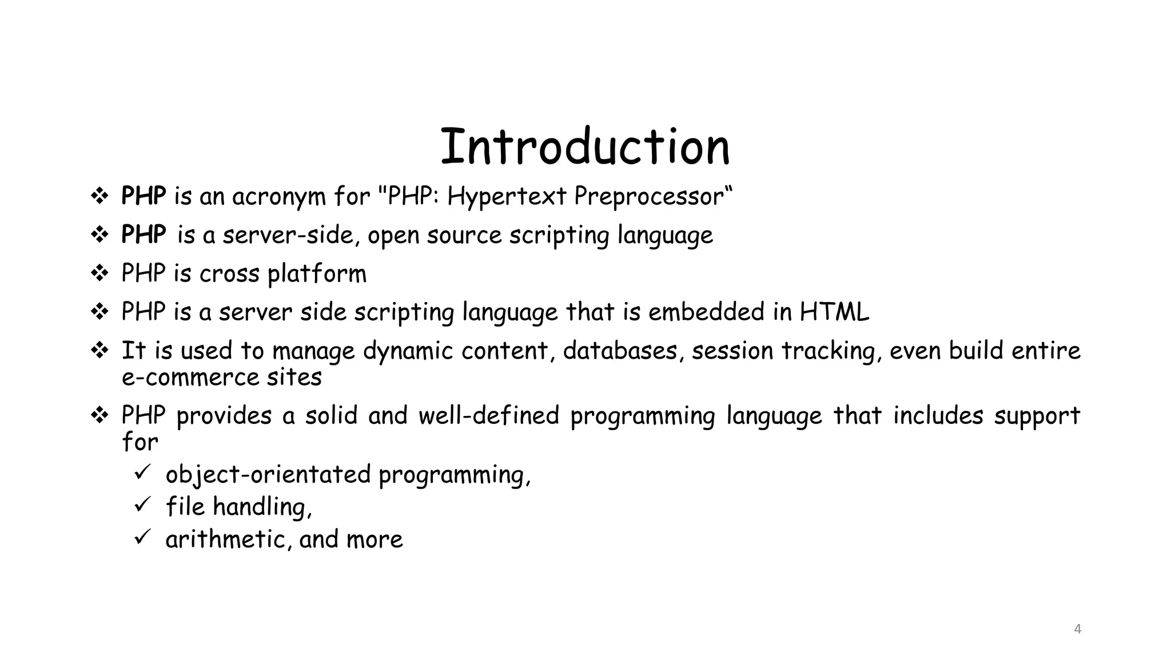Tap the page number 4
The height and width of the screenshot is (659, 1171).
(x=1078, y=629)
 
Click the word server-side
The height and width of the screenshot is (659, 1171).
(x=291, y=235)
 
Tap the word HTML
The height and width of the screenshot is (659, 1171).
(x=834, y=312)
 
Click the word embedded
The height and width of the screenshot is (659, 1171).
(x=706, y=312)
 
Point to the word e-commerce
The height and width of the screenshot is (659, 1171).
(x=190, y=378)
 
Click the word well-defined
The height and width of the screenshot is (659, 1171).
(x=489, y=415)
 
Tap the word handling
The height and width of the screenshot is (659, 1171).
(x=262, y=507)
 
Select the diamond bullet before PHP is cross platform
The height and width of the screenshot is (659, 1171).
(x=99, y=273)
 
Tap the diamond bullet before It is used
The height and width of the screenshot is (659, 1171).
(x=99, y=350)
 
